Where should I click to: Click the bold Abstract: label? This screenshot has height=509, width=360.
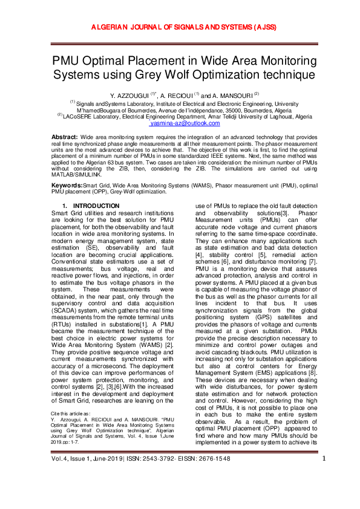click(65, 138)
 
